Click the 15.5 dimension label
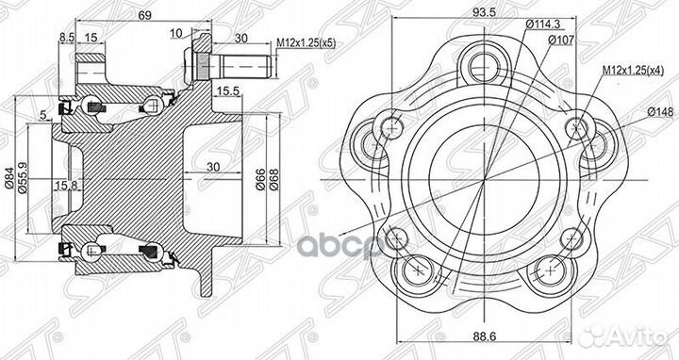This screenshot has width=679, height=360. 227,90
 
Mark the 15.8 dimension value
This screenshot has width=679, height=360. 67,185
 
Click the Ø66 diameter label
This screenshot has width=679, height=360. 260,178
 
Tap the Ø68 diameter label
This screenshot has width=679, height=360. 274,178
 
